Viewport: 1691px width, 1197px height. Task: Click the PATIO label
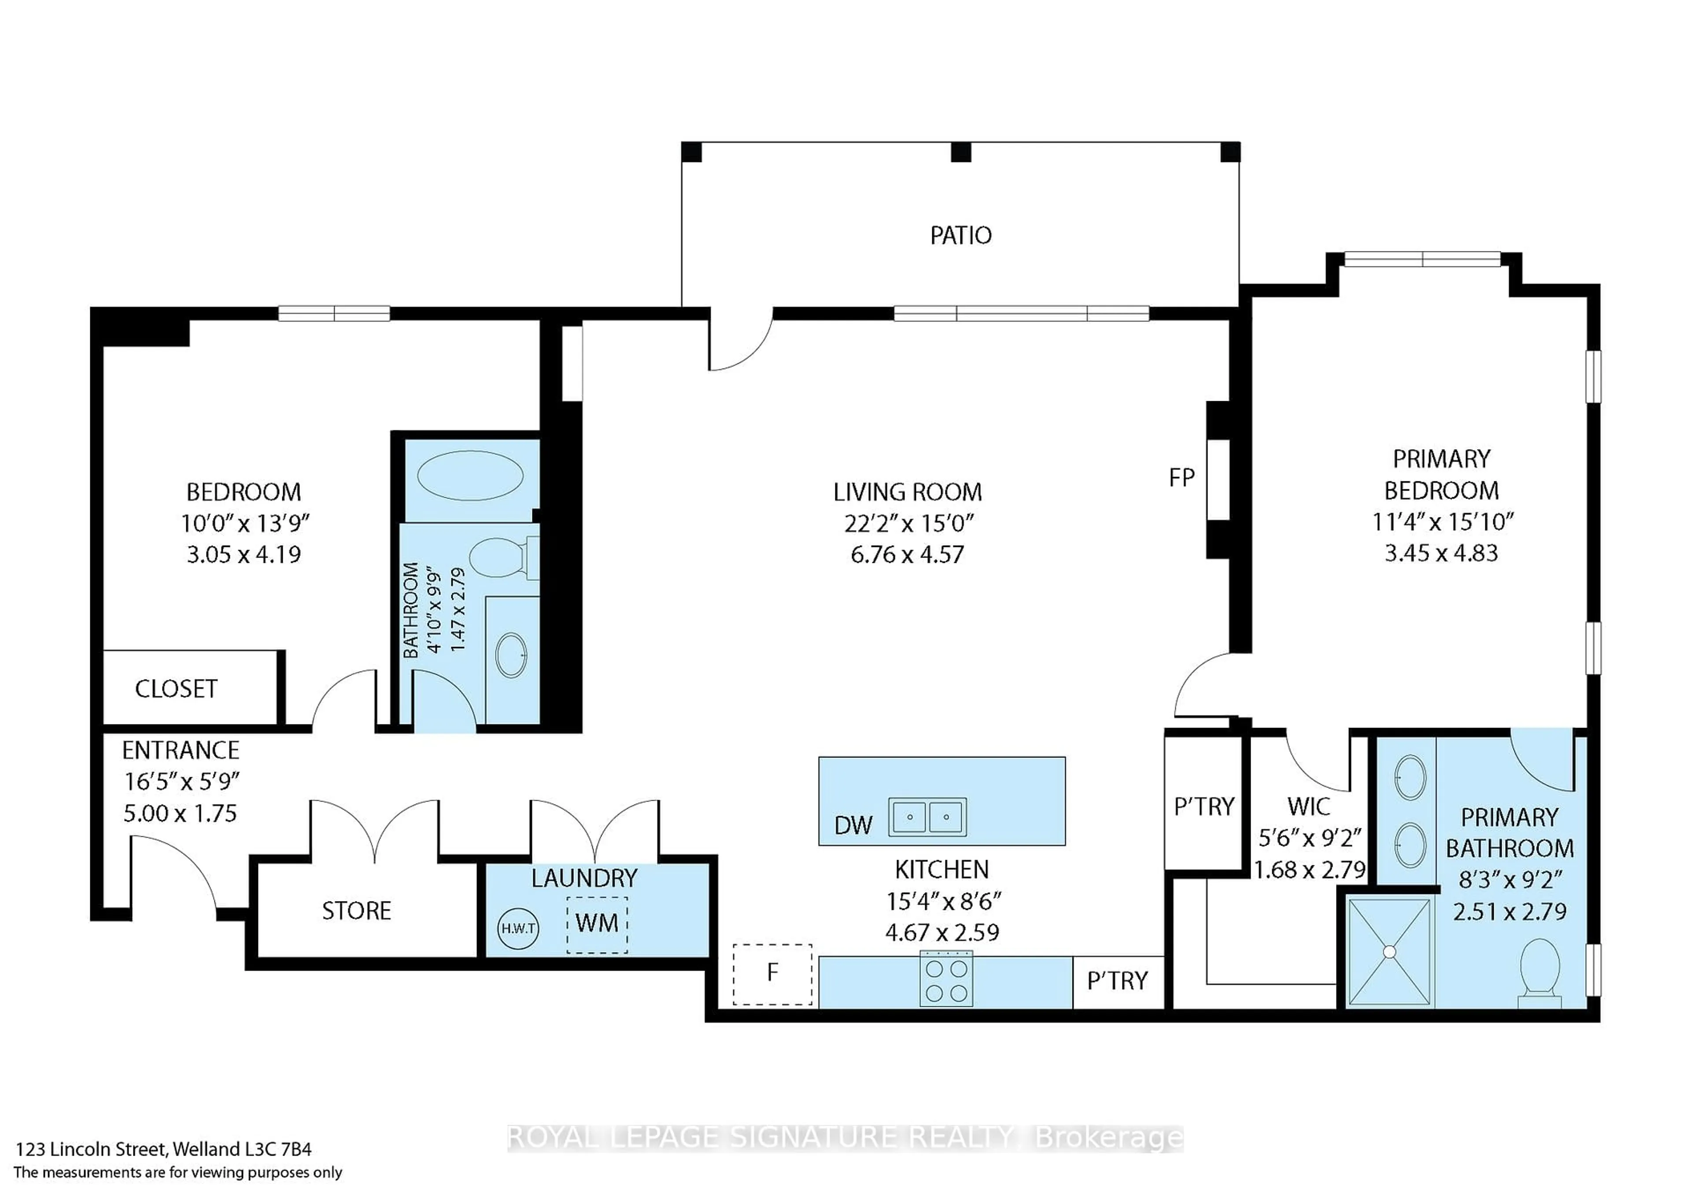coord(960,236)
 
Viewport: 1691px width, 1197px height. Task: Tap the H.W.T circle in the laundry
coord(518,928)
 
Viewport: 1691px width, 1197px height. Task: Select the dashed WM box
coord(597,924)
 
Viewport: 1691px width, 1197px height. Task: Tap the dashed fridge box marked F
coord(772,974)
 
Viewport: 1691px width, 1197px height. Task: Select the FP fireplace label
coord(1181,478)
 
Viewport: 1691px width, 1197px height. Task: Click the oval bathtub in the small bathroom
coord(470,476)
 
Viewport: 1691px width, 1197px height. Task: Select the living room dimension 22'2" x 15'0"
coord(908,523)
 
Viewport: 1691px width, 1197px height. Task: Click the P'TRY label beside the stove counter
coord(1117,981)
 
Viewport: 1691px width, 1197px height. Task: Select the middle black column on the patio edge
coord(961,152)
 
